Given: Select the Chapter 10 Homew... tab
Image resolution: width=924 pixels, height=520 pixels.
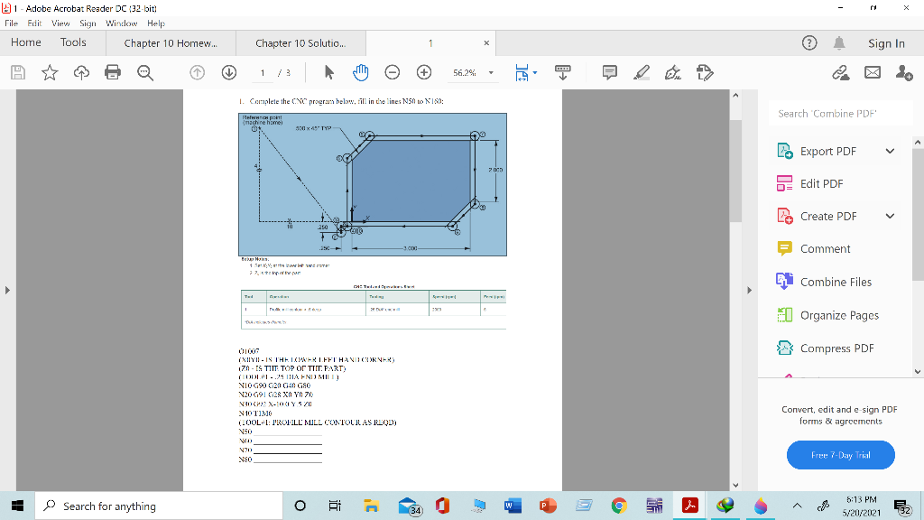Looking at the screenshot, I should point(171,43).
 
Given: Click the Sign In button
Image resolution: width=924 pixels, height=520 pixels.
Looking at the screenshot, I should point(886,43).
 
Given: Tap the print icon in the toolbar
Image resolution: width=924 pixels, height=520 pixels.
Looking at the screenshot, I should point(112,72).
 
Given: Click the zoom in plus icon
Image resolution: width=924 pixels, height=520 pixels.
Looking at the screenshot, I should point(423,72).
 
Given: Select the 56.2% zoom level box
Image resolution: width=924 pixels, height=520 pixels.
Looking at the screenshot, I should point(471,72).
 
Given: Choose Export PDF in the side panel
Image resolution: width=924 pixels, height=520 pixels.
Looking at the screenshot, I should point(827,151).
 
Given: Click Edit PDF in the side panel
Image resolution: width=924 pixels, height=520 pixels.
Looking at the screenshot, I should point(821,183).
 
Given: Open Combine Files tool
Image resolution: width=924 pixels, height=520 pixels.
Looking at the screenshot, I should point(836,282).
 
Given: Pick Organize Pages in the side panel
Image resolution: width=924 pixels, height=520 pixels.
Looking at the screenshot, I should point(839,315).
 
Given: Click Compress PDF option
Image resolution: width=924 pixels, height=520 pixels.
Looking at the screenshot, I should point(837,348).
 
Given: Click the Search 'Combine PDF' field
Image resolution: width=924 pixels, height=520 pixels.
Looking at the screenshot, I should point(839,113).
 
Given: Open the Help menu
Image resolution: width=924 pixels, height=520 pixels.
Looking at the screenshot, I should point(155,23).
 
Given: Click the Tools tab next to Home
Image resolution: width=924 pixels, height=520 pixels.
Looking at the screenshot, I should point(73,42).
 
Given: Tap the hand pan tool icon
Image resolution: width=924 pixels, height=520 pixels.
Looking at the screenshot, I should point(361,72).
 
